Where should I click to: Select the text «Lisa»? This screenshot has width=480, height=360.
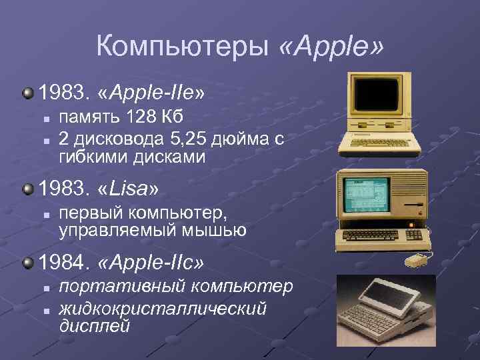pyautogui.click(x=128, y=189)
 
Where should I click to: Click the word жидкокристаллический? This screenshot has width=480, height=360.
pyautogui.click(x=163, y=308)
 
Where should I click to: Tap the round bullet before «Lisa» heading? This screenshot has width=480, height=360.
pyautogui.click(x=27, y=190)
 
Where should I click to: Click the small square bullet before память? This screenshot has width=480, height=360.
pyautogui.click(x=45, y=119)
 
